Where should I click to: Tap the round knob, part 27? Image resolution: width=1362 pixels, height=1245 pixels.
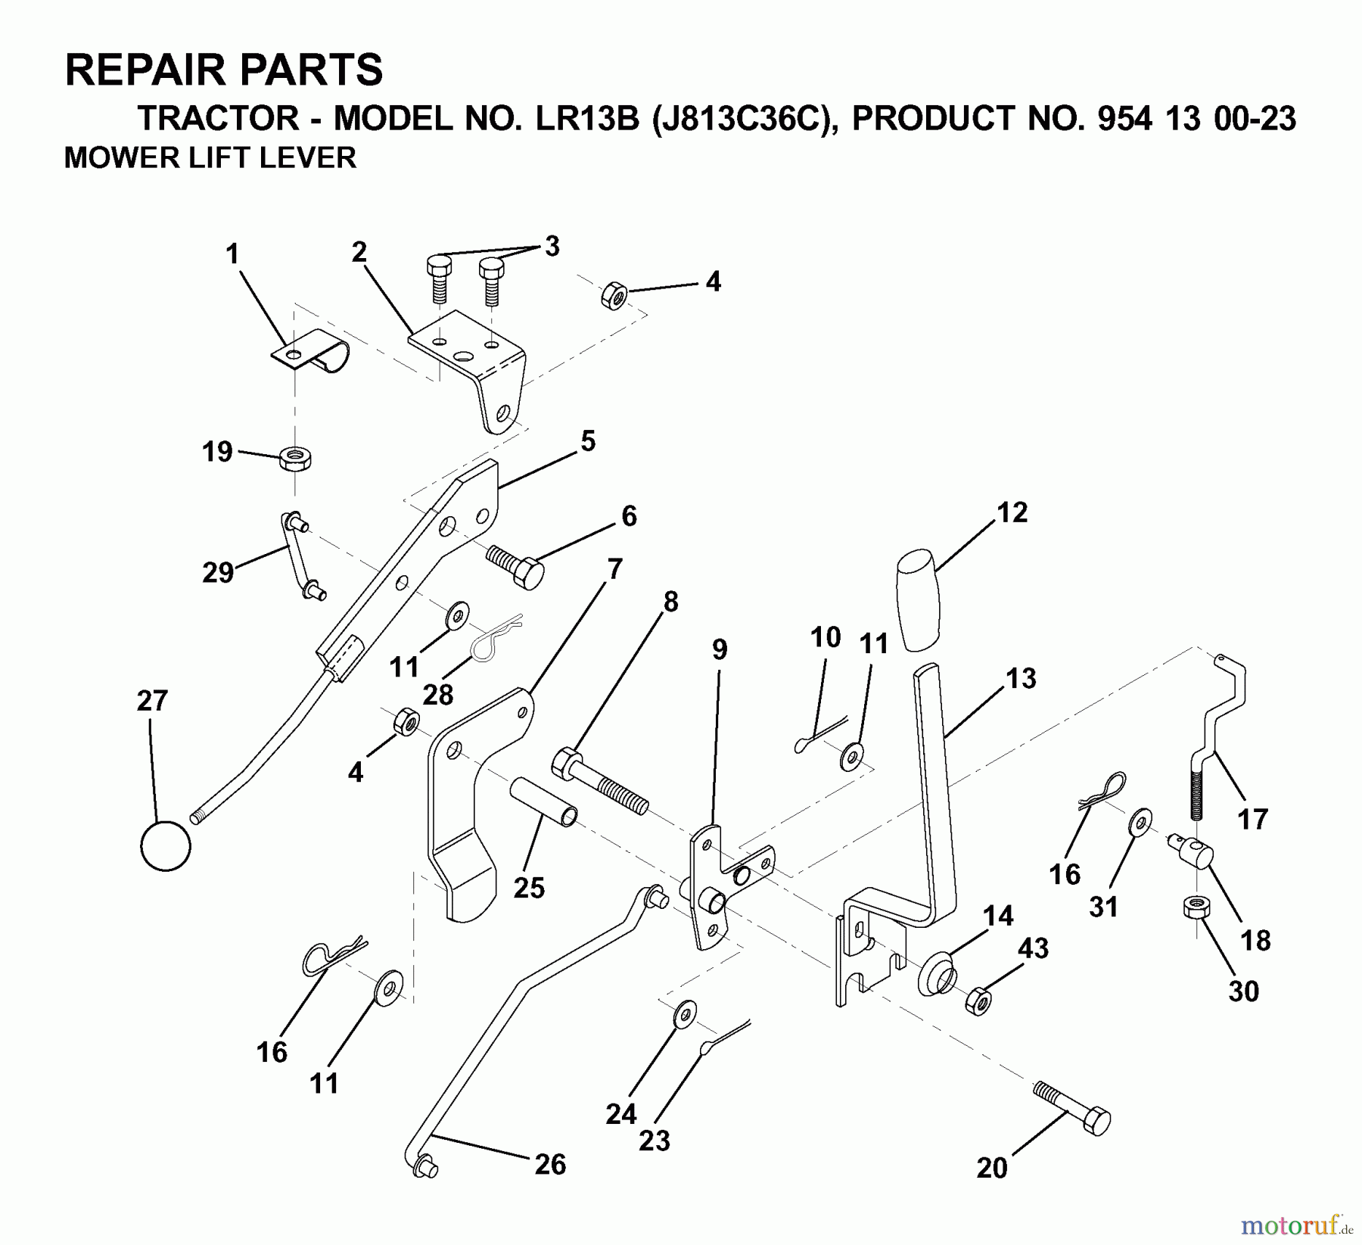point(166,845)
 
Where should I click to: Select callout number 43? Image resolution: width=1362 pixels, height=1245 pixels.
point(1033,948)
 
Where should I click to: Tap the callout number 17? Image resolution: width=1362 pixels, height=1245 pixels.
point(1252,818)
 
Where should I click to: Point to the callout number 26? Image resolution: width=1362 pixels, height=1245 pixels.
point(549,1163)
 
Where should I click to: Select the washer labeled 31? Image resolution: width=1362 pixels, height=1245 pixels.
point(1140,822)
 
